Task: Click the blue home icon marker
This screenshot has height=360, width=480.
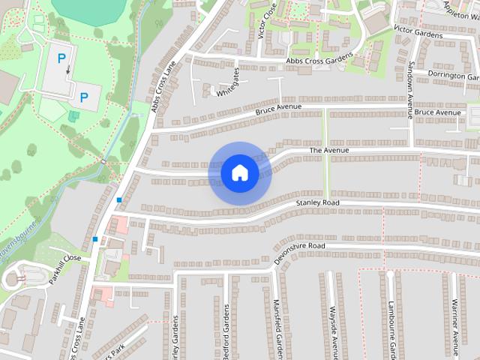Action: coord(239,173)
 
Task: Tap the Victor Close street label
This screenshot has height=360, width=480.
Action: coord(262,18)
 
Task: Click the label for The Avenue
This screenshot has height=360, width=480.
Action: coord(329,151)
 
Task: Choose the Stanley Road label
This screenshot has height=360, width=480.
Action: coord(317,203)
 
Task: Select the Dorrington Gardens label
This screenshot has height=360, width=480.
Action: coord(453,74)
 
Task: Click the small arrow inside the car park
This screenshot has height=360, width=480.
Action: coord(68,70)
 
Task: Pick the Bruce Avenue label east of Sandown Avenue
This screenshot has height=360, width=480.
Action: coord(438,112)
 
